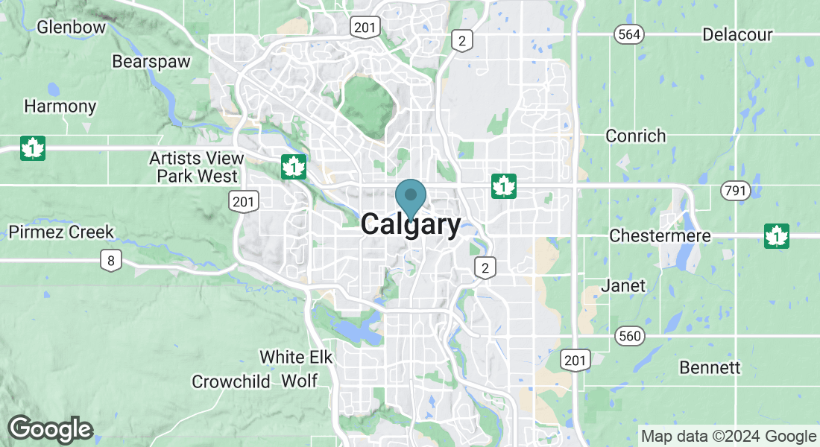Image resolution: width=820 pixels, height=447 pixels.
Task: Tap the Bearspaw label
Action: tap(151, 62)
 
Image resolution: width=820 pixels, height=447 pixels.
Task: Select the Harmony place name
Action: tap(60, 106)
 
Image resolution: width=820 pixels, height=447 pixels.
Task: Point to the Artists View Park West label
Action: tap(197, 168)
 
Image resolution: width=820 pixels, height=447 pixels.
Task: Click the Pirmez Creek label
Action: tap(61, 232)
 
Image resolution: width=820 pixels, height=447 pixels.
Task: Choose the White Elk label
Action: tap(295, 357)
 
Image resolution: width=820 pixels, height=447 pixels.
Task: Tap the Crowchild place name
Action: tap(230, 381)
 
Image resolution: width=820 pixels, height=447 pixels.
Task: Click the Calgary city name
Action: tap(411, 225)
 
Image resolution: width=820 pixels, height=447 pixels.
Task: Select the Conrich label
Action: tap(635, 136)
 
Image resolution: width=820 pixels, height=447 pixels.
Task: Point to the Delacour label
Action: tap(737, 35)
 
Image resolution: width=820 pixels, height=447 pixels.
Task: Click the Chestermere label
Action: tap(660, 235)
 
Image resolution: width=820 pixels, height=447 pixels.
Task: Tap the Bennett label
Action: tap(710, 368)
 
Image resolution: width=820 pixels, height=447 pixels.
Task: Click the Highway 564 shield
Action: tap(628, 34)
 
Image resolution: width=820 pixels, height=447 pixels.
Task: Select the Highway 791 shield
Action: tap(734, 191)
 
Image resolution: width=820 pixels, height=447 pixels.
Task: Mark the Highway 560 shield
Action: tap(629, 337)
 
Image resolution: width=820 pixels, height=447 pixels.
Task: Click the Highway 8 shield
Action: tap(110, 261)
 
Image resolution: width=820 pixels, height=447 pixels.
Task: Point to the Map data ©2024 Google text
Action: tap(728, 437)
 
